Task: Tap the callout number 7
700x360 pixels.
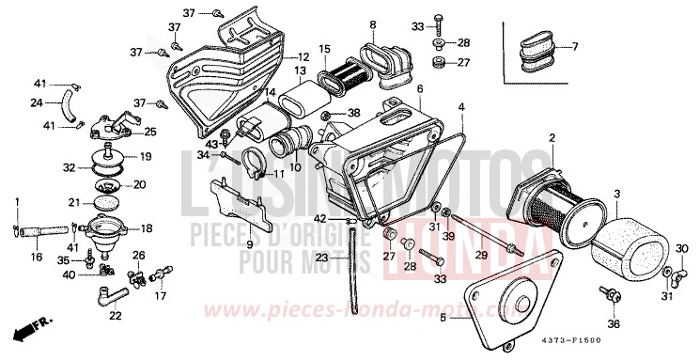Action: (x=574, y=47)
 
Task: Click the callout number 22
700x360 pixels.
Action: (x=115, y=316)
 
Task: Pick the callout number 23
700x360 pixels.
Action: (x=320, y=258)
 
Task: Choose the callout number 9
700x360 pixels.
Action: (x=250, y=243)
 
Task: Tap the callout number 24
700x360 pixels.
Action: (x=37, y=102)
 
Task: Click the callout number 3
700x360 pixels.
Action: (x=616, y=194)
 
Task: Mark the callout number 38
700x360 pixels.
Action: (x=353, y=113)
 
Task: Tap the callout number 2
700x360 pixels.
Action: (x=552, y=138)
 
